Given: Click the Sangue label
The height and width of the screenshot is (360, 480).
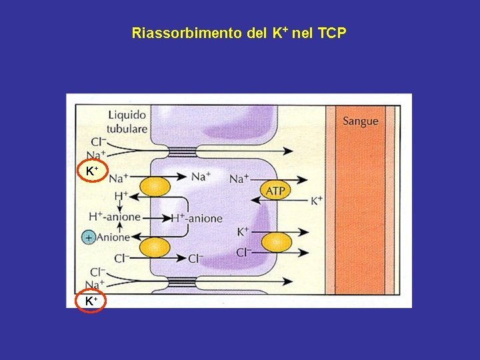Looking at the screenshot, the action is [x=360, y=121].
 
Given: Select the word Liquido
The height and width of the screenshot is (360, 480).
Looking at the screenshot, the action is [x=127, y=115].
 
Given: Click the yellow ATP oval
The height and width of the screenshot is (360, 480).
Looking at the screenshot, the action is [x=275, y=191].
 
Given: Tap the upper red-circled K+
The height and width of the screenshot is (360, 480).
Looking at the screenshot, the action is [x=92, y=172].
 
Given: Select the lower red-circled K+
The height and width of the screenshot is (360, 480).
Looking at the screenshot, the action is [x=92, y=301].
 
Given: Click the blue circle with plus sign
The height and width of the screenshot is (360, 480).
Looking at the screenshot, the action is [x=87, y=237].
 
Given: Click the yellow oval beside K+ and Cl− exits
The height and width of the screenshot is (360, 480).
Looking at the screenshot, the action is [x=276, y=242].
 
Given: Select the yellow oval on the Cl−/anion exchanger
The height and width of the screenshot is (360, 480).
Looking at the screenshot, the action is [x=154, y=248].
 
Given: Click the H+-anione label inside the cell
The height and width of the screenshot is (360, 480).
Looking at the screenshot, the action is [x=197, y=218].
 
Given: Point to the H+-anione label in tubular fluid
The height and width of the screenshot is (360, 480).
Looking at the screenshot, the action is [x=115, y=217].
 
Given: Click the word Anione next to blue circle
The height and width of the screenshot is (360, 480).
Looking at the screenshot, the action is [x=113, y=237].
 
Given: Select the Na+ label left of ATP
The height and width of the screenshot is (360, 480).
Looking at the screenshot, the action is [x=239, y=178].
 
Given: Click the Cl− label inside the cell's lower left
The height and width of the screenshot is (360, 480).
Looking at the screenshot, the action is [x=196, y=258].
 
